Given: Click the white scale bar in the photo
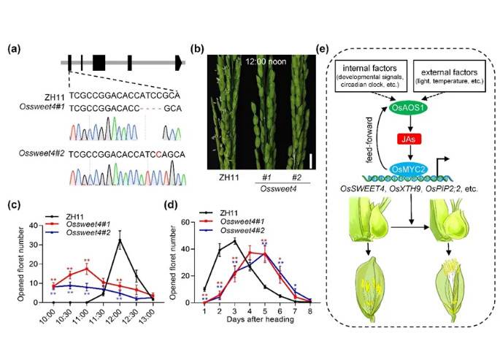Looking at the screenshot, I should pyautogui.click(x=309, y=159).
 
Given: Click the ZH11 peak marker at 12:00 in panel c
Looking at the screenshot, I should pyautogui.click(x=120, y=240).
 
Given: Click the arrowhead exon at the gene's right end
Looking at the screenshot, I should pyautogui.click(x=178, y=63).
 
